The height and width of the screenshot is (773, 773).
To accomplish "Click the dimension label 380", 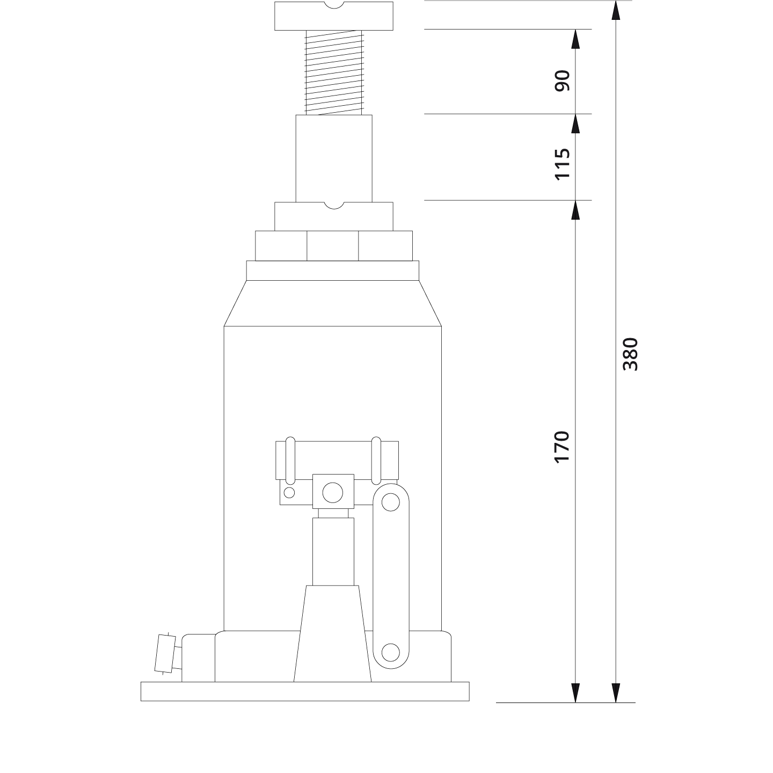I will (x=630, y=354).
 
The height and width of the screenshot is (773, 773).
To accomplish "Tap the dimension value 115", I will (x=561, y=164).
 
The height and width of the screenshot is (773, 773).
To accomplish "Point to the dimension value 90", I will (x=561, y=81).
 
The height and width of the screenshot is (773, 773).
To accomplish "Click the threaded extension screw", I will (x=334, y=72).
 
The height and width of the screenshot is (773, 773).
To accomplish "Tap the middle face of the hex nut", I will (x=333, y=246).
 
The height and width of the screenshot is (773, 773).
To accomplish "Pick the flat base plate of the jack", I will (x=305, y=691).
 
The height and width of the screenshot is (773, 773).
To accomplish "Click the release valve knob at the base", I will (x=165, y=653).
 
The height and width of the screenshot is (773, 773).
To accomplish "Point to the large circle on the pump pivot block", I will (x=333, y=492).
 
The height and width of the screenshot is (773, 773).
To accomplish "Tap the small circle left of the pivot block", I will (x=289, y=492).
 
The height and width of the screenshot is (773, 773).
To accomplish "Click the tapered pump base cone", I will (x=333, y=633).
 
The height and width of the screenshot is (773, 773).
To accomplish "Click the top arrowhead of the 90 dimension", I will (x=575, y=39).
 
